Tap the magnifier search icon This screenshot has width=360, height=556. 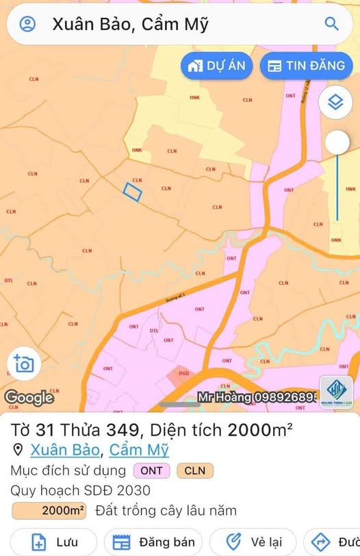pos(332,24)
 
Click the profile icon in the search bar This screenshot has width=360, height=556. pos(27,24)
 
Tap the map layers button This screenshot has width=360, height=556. pos(335,103)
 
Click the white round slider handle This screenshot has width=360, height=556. pos(337,142)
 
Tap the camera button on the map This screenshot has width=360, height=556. pos(23,364)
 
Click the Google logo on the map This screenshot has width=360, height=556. pos(29,397)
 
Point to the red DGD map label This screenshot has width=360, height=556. pos(184,373)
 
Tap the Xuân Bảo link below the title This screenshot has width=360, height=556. pos(66,450)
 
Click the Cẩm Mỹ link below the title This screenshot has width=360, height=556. pos(139,450)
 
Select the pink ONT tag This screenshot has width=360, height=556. pos(152,471)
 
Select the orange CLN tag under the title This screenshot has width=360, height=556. pos(195,471)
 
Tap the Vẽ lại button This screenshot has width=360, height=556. pos(253,542)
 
